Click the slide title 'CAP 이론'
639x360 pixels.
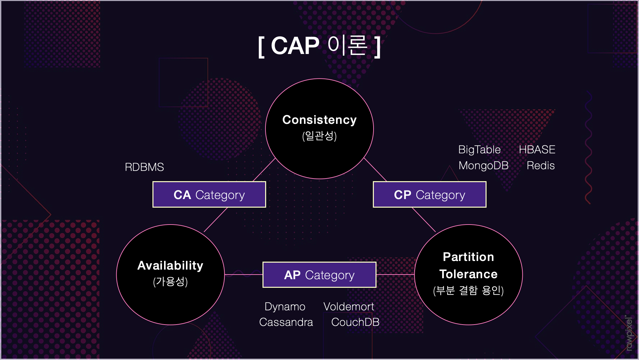(x=319, y=46)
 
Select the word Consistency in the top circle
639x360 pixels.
(x=319, y=120)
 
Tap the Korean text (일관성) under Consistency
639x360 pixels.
(x=319, y=136)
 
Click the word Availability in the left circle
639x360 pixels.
(x=170, y=266)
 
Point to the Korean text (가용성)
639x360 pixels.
(x=170, y=282)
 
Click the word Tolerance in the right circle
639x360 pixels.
(x=468, y=274)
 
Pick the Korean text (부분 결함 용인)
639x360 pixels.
(x=468, y=290)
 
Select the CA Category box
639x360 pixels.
(x=209, y=195)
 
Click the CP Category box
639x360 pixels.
(x=430, y=195)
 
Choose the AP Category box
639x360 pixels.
(x=319, y=275)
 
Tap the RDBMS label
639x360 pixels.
(x=144, y=167)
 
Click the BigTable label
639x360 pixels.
(x=479, y=150)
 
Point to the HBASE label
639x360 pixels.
(x=537, y=150)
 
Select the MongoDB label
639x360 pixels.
(x=483, y=166)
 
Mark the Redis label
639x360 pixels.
(x=541, y=166)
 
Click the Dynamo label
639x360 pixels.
(x=285, y=307)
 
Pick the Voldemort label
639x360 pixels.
(x=349, y=307)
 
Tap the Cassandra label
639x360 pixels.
(x=286, y=322)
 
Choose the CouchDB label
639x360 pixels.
(x=355, y=322)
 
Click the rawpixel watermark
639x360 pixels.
(x=629, y=333)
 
